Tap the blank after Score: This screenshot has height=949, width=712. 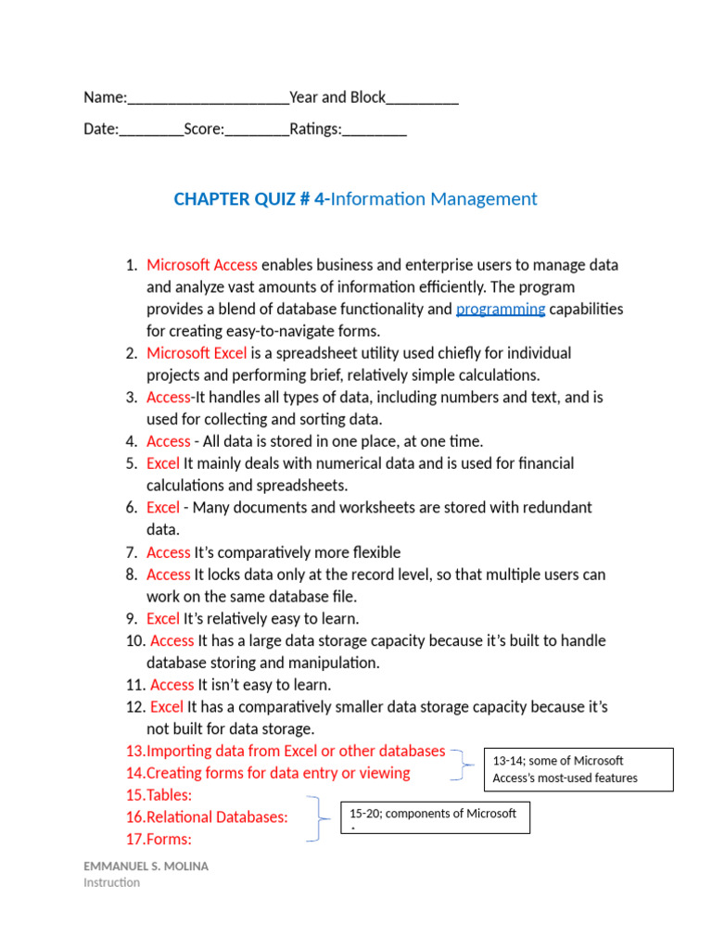click(257, 131)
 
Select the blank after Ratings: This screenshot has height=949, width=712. click(374, 131)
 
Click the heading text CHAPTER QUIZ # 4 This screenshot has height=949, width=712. click(250, 199)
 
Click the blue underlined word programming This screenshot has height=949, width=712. click(501, 310)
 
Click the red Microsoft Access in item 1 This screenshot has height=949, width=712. click(202, 265)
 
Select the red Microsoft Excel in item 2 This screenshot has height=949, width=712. click(197, 353)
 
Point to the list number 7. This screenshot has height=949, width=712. click(132, 552)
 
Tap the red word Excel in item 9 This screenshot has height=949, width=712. click(163, 619)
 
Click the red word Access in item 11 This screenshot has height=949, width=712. click(172, 685)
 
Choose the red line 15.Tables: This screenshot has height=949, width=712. click(159, 795)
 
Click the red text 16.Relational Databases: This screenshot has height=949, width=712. click(207, 817)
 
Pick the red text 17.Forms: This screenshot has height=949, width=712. click(159, 840)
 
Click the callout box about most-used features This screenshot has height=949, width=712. click(578, 769)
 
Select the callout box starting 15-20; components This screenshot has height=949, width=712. click(436, 817)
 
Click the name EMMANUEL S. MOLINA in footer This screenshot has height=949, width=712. click(146, 866)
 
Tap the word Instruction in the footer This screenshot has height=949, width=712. click(112, 882)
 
